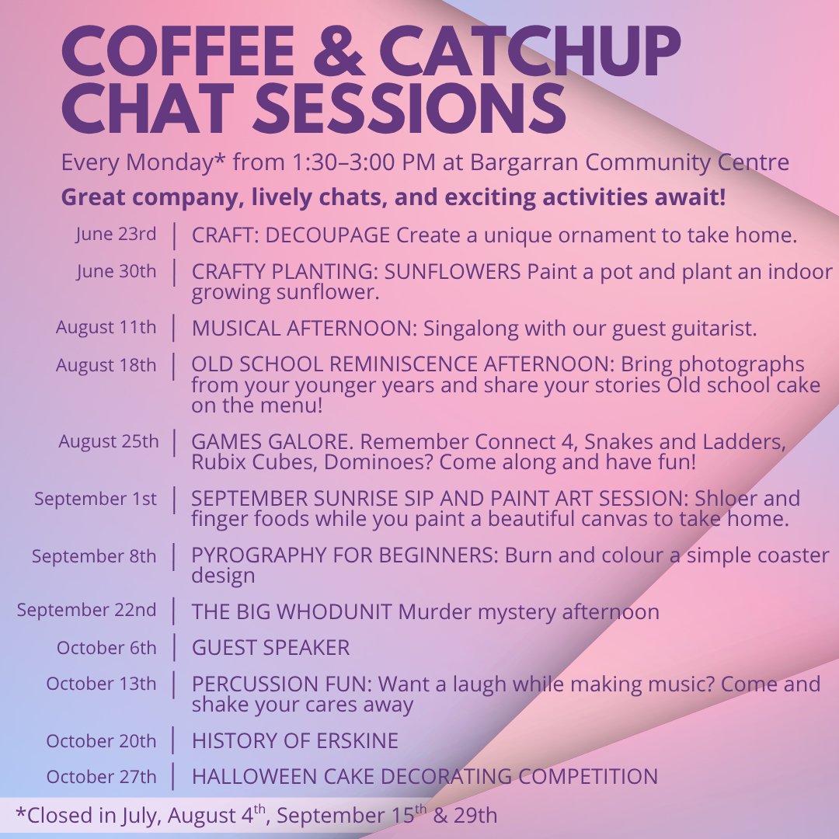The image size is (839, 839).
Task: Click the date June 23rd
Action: (x=116, y=235)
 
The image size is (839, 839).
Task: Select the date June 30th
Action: (x=116, y=271)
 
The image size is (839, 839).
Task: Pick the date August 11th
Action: (x=106, y=327)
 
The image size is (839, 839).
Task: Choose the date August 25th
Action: (x=108, y=441)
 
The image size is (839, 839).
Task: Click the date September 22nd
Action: (x=86, y=610)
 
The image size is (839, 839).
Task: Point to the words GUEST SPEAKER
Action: (x=271, y=647)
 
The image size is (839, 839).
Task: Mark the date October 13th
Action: (x=101, y=684)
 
